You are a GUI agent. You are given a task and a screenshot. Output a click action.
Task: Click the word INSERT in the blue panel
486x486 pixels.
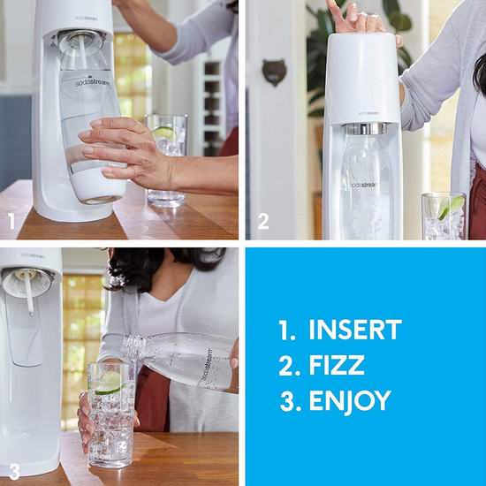pos(355,330)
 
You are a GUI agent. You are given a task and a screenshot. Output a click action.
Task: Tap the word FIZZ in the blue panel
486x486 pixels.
pos(337,365)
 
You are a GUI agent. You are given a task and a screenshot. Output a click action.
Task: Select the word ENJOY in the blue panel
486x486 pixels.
pos(350,401)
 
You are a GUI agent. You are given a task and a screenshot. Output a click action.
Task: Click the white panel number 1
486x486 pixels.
pos(11,221)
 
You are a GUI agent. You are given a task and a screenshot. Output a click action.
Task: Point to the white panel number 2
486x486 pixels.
pos(263,221)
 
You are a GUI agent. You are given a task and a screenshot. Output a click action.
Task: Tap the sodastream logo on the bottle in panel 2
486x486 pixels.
pos(363,185)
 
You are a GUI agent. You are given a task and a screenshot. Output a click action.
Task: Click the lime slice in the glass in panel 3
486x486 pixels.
pos(109,383)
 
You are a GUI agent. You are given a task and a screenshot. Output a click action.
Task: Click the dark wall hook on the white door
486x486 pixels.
pos(274,72)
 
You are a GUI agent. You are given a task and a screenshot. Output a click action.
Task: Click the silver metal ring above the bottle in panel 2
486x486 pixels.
pos(367,129)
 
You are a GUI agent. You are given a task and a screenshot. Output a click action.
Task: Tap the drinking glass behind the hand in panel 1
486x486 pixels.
pos(167,161)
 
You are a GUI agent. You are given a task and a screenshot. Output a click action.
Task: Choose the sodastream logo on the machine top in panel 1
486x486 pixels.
pos(87,18)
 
